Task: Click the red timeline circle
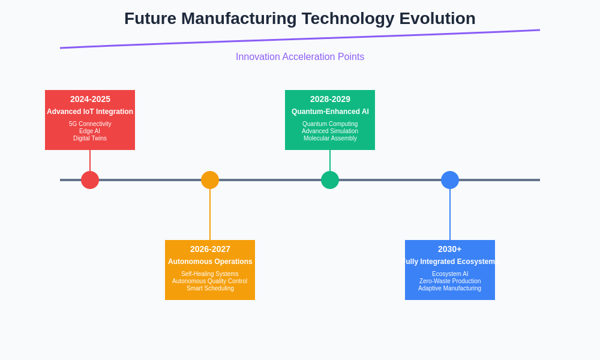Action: tap(90, 180)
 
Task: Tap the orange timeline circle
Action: tap(210, 180)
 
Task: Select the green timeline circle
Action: tap(330, 180)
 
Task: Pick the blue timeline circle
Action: tap(450, 180)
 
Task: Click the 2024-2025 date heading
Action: tap(90, 99)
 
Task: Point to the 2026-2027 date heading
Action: tap(210, 249)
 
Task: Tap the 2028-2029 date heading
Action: tap(330, 99)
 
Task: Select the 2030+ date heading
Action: tap(450, 249)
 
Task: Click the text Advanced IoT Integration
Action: tap(90, 112)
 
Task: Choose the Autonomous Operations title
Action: tap(210, 261)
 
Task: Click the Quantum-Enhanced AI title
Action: tap(330, 112)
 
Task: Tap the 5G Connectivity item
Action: tap(90, 124)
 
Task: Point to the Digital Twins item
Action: tap(90, 138)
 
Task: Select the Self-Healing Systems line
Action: tap(209, 274)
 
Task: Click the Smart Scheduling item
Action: tap(210, 288)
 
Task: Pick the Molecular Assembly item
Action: tap(330, 138)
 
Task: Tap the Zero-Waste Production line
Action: tap(450, 281)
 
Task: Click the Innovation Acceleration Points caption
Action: tap(300, 56)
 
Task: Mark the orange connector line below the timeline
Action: tap(210, 214)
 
